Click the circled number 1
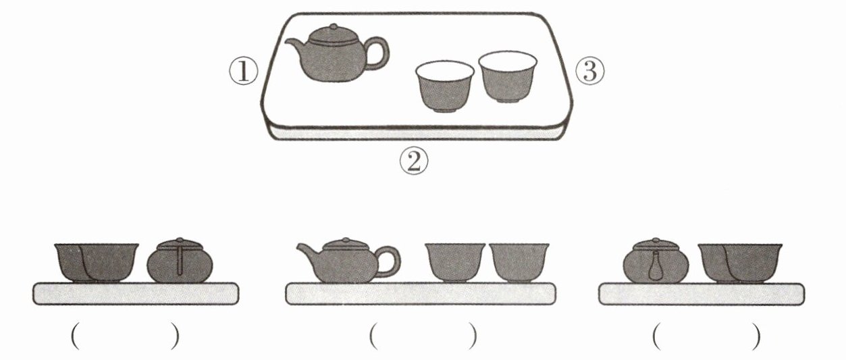coord(244,72)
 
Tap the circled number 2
coord(414,161)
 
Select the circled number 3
coord(590,71)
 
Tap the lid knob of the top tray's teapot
coord(334,26)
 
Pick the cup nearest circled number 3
coord(508,77)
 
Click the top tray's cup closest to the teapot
coord(445,86)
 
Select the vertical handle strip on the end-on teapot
coord(180,261)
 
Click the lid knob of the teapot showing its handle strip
coord(180,240)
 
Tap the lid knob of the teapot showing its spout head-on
coord(656,240)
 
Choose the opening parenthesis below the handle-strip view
coord(75,336)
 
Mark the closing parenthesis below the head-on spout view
coord(756,336)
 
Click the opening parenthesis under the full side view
coord(373,336)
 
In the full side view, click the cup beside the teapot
coord(454,263)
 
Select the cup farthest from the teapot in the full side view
coord(519,263)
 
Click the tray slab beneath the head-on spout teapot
coord(702,294)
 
